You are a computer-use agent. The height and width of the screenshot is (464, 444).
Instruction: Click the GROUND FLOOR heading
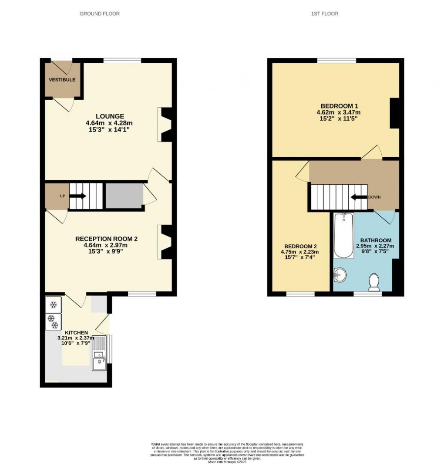coord(99,14)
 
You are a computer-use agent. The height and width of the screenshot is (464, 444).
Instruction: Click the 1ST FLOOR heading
coord(324,14)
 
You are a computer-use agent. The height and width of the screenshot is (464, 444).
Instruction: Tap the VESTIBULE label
coord(62,80)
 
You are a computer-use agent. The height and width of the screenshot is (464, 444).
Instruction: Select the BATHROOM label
coord(376,240)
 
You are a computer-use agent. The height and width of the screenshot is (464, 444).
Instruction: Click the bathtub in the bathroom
coord(343,235)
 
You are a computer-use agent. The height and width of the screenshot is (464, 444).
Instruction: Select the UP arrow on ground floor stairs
coord(77,196)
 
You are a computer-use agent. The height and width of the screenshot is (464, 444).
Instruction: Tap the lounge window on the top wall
coord(122,60)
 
